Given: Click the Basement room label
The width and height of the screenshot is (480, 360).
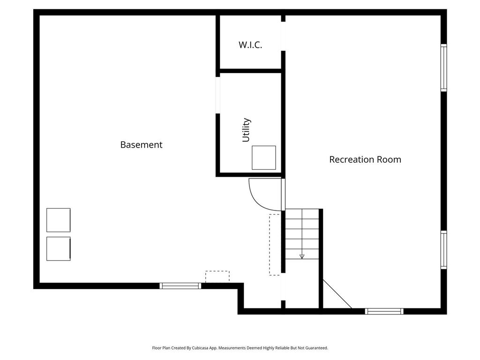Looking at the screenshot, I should click(x=141, y=145).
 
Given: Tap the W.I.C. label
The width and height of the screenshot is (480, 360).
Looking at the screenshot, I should click(x=250, y=45).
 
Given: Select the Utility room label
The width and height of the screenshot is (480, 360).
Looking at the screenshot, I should click(x=246, y=130).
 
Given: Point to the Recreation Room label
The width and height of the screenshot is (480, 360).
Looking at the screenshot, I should click(x=365, y=159).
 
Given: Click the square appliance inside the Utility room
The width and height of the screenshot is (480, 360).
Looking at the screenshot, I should click(x=264, y=157).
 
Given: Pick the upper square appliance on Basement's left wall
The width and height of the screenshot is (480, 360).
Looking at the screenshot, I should click(x=59, y=220).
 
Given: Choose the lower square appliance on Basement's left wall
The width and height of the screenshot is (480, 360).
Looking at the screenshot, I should click(x=59, y=248).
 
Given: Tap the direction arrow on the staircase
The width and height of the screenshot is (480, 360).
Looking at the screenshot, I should click(x=302, y=256).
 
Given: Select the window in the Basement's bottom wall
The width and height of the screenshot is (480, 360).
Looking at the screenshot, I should click(x=180, y=285).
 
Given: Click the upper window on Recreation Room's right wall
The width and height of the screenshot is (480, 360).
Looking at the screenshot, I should click(x=443, y=67).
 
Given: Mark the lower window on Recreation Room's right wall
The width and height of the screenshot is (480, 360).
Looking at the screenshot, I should click(x=443, y=249).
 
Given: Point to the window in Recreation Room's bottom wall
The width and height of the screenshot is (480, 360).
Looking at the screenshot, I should click(x=384, y=311).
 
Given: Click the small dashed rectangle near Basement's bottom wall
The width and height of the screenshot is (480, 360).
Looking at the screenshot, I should click(x=217, y=277).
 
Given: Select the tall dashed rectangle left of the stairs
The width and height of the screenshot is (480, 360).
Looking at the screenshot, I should click(x=275, y=244).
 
